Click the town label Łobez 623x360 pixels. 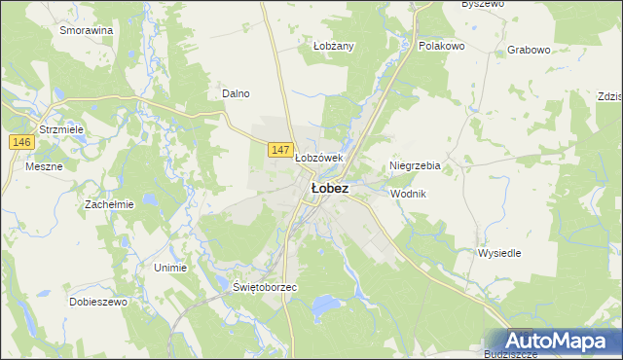coord(330,189)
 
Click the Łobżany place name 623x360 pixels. coord(334,46)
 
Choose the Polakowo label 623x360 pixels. coord(441,46)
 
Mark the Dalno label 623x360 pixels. coord(237,93)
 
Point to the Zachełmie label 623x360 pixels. coord(109,204)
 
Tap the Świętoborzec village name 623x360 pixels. coord(265,289)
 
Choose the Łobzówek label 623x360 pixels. coord(319,158)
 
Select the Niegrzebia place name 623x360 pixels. coord(415,165)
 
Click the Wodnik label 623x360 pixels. coord(409,194)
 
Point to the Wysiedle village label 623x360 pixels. coord(499,253)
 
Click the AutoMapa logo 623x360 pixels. coord(556,342)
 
